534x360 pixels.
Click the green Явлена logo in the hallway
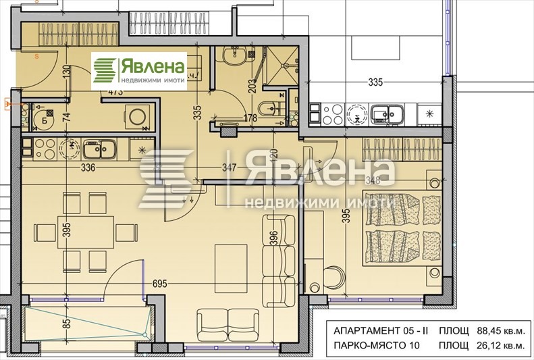click(x=139, y=71)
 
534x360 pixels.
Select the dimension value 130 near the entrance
click(x=66, y=73)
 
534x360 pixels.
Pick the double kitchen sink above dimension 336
click(x=98, y=148)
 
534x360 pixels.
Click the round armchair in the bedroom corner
click(x=331, y=277)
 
